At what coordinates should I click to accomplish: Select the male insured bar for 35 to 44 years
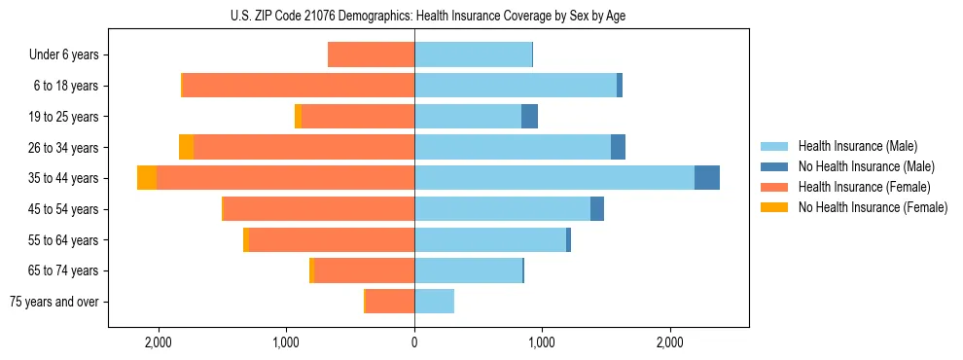point(554,177)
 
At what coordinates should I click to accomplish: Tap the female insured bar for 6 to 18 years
point(299,85)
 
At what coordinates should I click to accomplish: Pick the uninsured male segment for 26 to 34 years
point(618,147)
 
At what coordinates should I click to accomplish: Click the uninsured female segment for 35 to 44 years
point(147,177)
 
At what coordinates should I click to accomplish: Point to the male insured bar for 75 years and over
point(434,302)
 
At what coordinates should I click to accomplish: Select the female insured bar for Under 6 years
point(371,54)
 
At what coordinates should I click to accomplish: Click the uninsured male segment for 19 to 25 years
point(529,116)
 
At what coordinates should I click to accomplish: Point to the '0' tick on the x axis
point(414,342)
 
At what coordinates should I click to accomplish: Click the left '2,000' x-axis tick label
point(158,342)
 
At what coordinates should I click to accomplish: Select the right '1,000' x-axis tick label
point(542,342)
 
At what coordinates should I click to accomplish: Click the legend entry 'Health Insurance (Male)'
point(857,146)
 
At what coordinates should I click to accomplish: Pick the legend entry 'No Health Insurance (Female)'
point(873,207)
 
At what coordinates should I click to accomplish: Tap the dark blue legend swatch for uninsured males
point(774,166)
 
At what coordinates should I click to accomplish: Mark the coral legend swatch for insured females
point(774,187)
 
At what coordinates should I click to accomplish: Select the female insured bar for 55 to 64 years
point(332,239)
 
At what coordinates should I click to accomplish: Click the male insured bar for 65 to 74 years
point(468,270)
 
